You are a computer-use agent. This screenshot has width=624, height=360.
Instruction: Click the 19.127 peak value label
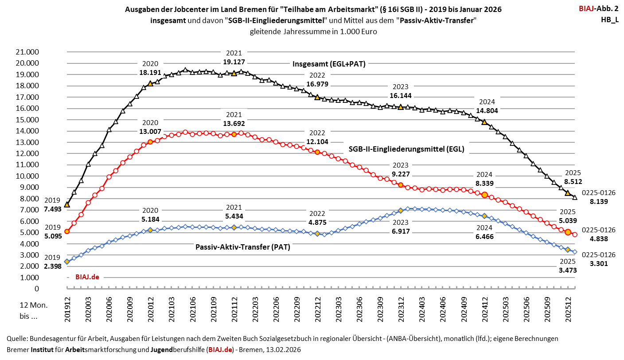[234, 62]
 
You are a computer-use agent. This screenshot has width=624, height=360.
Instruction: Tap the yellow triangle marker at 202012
[150, 83]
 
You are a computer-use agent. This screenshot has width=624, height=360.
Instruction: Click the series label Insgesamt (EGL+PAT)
[329, 64]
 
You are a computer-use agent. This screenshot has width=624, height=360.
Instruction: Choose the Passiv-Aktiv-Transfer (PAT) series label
[242, 247]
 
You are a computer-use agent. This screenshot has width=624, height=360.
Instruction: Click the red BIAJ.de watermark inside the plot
[86, 277]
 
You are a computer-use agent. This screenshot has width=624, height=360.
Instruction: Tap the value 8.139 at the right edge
[596, 201]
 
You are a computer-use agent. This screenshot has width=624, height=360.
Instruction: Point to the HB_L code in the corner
[609, 20]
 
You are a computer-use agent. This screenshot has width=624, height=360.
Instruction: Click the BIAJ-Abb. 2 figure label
[598, 8]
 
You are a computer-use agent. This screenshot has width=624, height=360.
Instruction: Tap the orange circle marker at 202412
[484, 195]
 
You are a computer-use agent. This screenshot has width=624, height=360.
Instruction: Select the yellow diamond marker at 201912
[67, 262]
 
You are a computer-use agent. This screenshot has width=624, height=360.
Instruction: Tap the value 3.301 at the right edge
[596, 263]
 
